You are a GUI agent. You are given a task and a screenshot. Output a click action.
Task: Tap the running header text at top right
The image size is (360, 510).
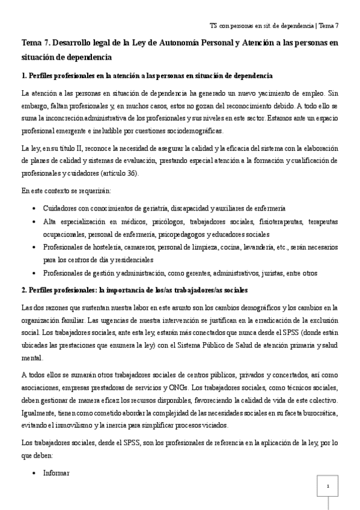274,26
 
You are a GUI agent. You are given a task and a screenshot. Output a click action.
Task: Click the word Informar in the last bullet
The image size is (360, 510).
56,473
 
